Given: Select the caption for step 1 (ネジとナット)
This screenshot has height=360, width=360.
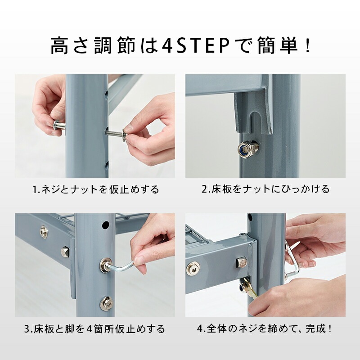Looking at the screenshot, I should click(x=96, y=189).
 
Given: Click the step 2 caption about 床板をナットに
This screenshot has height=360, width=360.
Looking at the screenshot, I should click(x=265, y=189).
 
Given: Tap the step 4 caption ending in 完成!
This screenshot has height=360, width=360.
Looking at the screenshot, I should click(x=265, y=329).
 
